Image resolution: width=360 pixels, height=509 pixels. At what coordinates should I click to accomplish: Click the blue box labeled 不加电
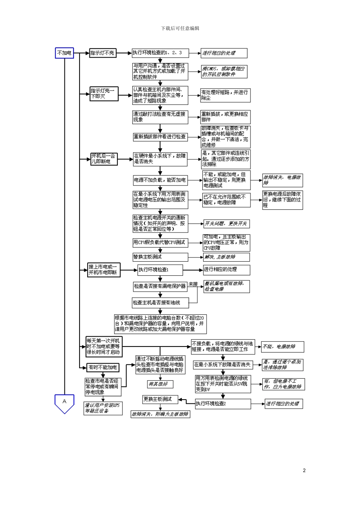(64, 53)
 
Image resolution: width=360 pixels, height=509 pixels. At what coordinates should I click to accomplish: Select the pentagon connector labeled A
(64, 403)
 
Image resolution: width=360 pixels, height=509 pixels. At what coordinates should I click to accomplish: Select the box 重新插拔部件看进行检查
(160, 136)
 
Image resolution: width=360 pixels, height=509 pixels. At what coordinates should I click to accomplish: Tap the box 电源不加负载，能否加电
(160, 180)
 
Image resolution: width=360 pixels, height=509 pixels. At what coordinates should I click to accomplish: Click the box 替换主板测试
(160, 257)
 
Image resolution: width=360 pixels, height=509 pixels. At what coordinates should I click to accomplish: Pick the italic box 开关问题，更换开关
(226, 224)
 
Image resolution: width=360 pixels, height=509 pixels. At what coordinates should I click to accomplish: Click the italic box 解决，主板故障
(226, 257)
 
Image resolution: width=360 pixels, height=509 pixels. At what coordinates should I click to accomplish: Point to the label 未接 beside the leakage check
(193, 284)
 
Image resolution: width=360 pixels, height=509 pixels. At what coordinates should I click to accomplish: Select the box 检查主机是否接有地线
(160, 303)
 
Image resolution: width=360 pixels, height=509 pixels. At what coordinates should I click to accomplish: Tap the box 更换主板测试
(160, 400)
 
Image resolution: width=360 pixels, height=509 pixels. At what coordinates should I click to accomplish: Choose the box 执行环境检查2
(223, 404)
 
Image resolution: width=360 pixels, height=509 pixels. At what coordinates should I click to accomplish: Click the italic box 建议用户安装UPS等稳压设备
(103, 408)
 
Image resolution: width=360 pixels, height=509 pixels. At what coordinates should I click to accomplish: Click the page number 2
(304, 470)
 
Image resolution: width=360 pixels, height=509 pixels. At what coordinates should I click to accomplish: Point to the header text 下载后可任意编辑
(180, 28)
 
